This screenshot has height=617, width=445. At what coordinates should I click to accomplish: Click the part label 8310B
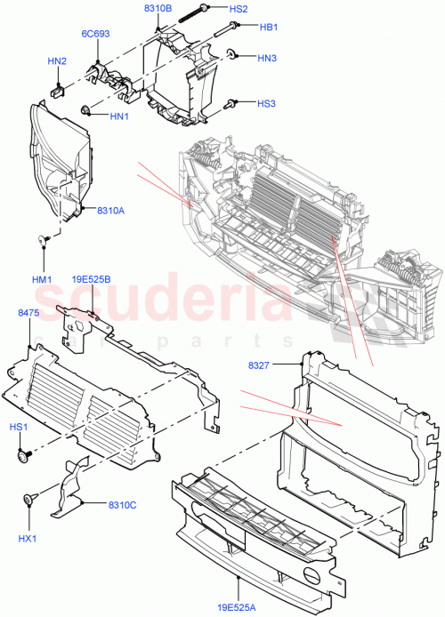pyautogui.click(x=158, y=8)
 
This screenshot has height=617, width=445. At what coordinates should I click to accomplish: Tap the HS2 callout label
pyautogui.click(x=239, y=9)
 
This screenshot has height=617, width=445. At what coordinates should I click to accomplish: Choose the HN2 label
pyautogui.click(x=57, y=61)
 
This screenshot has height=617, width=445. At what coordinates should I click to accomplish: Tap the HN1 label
pyautogui.click(x=120, y=116)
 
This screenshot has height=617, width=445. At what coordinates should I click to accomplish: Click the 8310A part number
pyautogui.click(x=110, y=210)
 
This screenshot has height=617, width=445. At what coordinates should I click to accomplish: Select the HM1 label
pyautogui.click(x=42, y=279)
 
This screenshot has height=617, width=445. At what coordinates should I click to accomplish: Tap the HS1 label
pyautogui.click(x=20, y=428)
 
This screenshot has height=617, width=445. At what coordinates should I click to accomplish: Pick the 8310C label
pyautogui.click(x=122, y=505)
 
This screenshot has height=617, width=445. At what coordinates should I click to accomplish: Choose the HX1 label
pyautogui.click(x=28, y=539)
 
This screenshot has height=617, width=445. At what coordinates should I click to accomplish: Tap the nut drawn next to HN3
pyautogui.click(x=231, y=55)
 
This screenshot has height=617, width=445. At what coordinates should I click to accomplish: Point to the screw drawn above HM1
pyautogui.click(x=42, y=239)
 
